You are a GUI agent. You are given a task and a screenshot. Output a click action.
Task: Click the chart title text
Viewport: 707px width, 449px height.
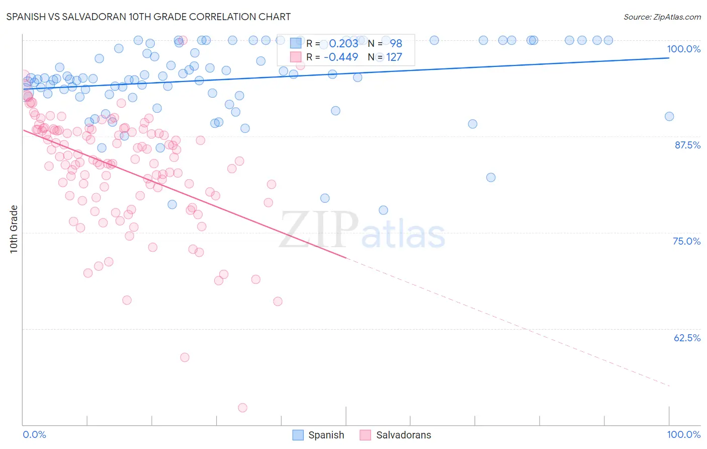pos(148,17)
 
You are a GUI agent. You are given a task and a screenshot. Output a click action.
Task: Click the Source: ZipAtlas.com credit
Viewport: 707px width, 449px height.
pos(662,17)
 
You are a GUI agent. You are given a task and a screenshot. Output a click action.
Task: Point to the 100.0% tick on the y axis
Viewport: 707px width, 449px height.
pos(683,49)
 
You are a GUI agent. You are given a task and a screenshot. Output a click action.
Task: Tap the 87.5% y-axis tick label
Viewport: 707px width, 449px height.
pos(687,145)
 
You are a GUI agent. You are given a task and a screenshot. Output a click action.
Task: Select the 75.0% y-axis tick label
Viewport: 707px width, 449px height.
pos(686,241)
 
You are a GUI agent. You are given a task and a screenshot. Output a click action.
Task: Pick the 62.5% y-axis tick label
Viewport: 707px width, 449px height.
pos(687,338)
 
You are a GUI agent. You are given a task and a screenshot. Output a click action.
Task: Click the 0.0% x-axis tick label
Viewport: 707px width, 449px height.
pos(34,434)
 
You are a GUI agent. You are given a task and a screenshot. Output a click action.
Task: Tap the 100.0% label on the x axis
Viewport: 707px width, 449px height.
pos(683,434)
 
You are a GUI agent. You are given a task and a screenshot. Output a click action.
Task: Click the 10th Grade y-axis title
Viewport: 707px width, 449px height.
pos(14,229)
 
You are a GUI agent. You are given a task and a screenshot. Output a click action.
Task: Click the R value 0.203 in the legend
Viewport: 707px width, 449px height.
pos(343,43)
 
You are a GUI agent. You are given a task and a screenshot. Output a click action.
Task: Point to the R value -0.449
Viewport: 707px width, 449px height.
pos(341,57)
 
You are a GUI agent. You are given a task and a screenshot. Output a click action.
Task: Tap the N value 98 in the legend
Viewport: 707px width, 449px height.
pos(396,43)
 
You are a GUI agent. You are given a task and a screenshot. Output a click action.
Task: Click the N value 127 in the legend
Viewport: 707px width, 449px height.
pos(394,57)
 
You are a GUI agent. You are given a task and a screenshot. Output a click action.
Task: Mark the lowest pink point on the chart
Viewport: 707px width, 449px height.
pos(242,408)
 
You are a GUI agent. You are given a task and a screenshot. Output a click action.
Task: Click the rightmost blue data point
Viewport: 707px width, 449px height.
pos(669,116)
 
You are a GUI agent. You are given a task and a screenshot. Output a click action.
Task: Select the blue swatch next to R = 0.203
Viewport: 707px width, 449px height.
pos(296,43)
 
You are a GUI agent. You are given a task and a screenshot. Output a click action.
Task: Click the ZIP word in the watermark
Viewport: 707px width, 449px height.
pos(319,230)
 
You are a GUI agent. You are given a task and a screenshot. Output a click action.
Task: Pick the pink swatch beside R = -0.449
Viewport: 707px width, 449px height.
pos(296,57)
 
